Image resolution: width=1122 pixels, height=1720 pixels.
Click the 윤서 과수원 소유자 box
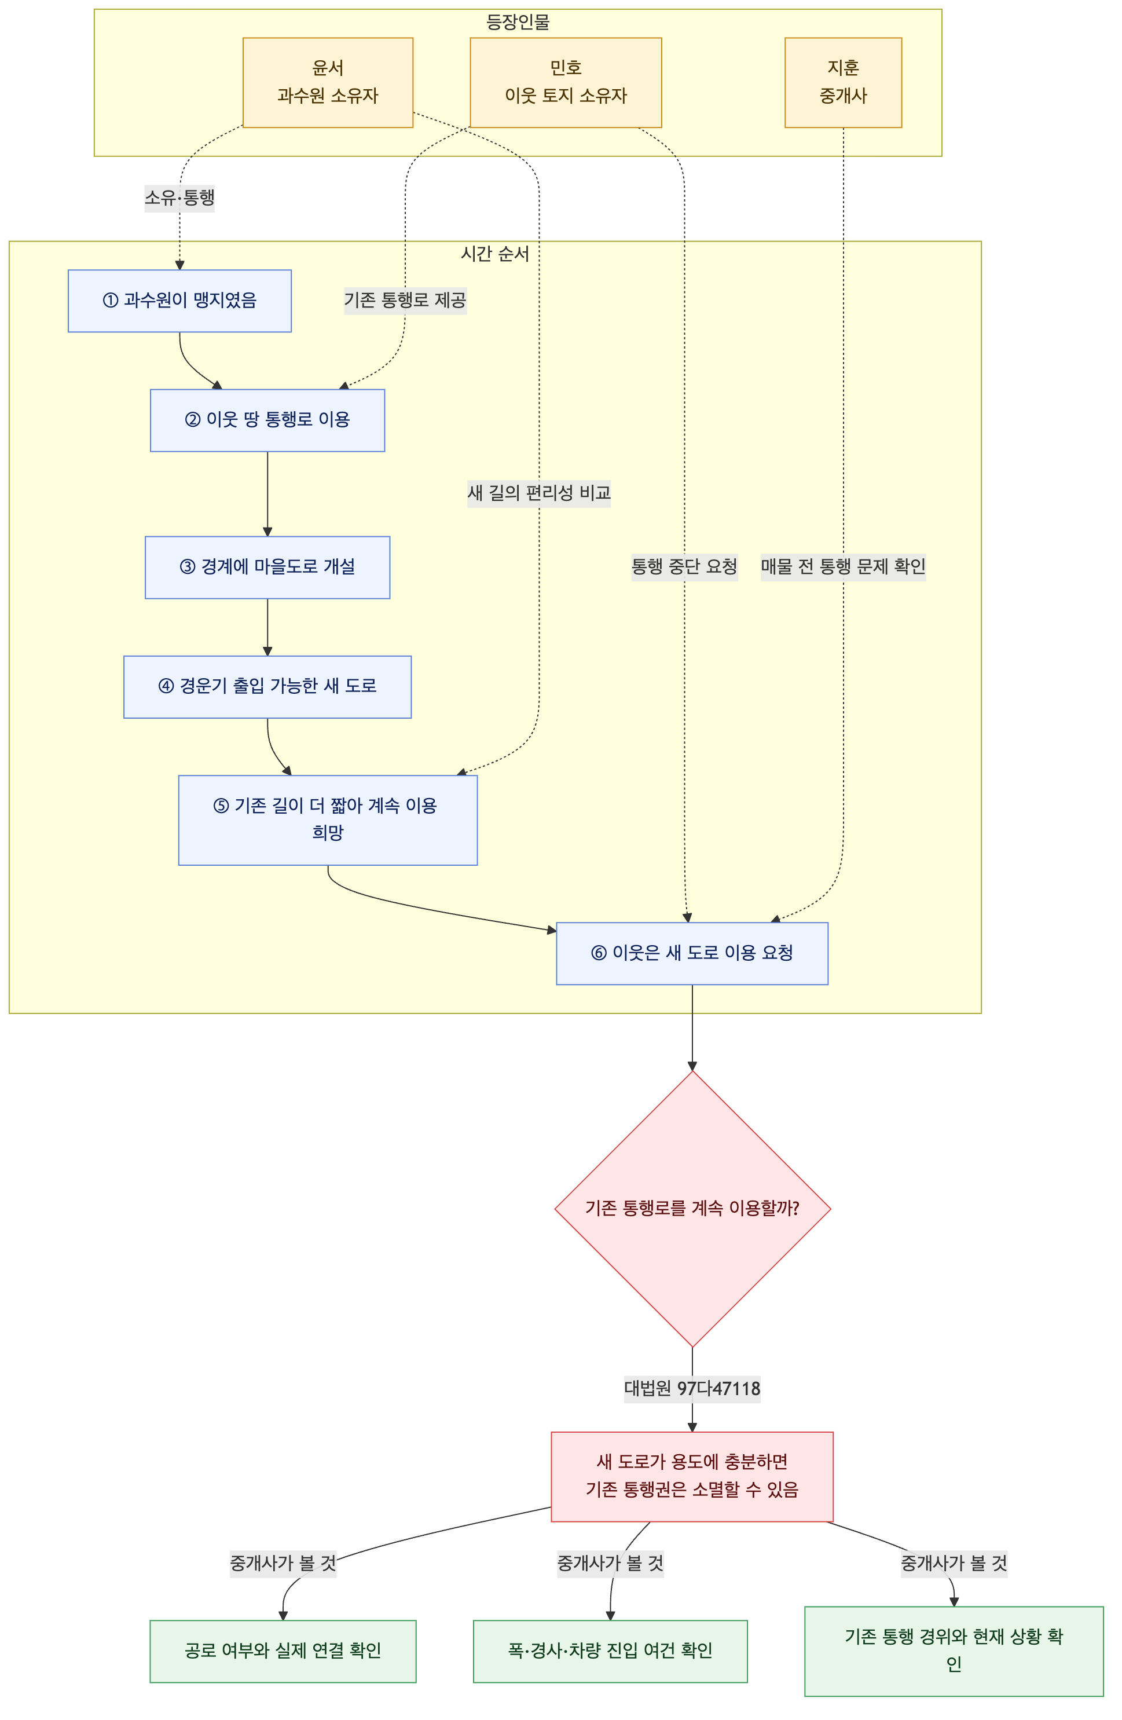[328, 82]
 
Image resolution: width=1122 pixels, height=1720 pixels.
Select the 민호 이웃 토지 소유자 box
[566, 82]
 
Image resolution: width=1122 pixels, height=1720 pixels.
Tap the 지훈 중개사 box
[843, 82]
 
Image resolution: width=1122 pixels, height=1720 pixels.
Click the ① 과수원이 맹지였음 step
[180, 301]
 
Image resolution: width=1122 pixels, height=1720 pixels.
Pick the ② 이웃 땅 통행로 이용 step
[267, 420]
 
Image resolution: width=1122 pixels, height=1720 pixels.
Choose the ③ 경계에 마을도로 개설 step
[267, 568]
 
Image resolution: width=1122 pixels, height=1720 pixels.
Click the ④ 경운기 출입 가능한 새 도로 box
[267, 687]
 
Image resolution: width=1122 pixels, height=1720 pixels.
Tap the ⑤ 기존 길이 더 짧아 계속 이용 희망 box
[328, 819]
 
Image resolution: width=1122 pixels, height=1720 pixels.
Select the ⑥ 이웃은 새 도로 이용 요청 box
[692, 953]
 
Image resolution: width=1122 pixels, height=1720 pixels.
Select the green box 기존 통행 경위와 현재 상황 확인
[954, 1651]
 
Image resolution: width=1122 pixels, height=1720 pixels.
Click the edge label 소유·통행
[180, 197]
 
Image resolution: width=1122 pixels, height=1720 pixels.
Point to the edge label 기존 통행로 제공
[405, 300]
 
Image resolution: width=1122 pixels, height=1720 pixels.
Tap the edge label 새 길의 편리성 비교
[539, 493]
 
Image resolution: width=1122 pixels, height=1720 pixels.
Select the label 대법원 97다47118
[692, 1389]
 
